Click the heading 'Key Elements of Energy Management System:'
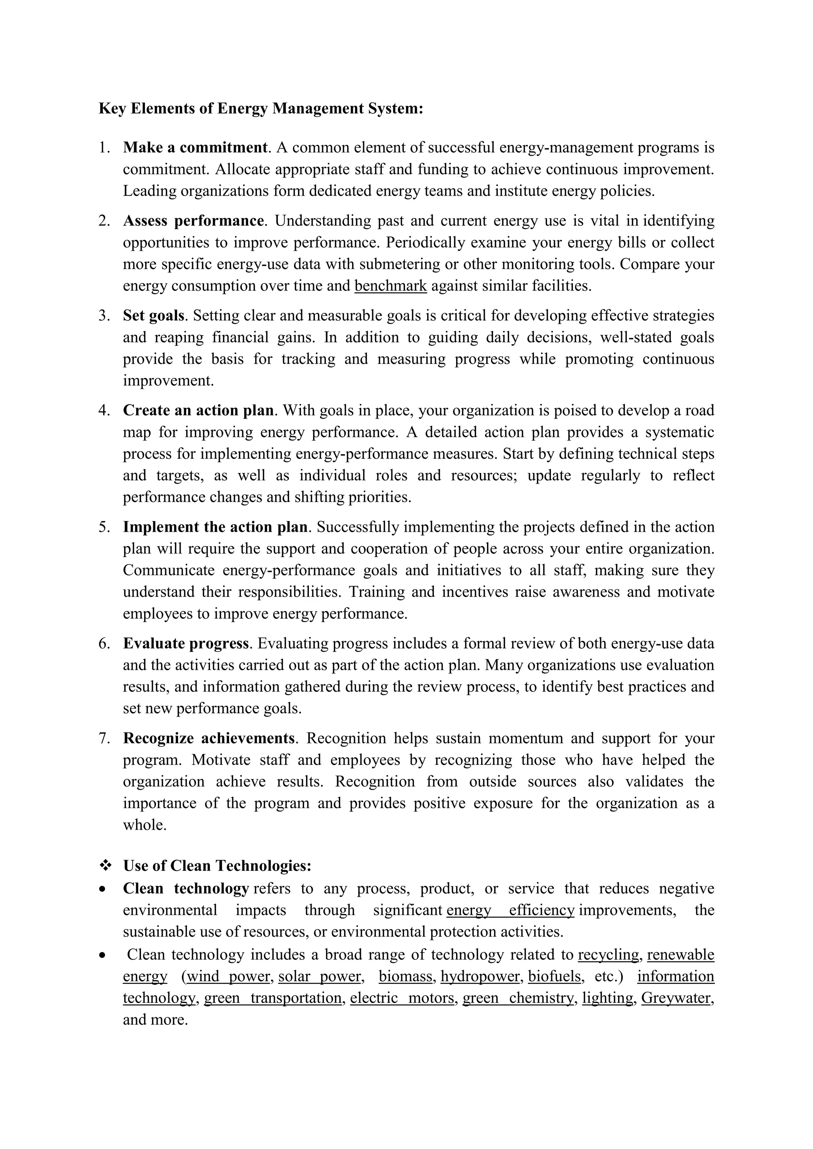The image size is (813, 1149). click(261, 109)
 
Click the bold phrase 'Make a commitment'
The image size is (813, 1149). click(195, 148)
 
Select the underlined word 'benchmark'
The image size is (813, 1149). click(391, 286)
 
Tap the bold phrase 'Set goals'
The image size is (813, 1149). click(154, 316)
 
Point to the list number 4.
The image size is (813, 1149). click(104, 410)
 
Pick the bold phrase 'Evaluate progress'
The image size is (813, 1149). click(186, 644)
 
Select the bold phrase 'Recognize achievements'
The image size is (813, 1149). click(209, 738)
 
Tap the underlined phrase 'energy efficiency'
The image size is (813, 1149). click(510, 910)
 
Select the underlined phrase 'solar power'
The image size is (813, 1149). click(320, 976)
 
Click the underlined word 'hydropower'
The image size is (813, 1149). click(480, 976)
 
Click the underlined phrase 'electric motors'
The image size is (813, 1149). click(402, 998)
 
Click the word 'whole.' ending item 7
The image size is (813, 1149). click(144, 825)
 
